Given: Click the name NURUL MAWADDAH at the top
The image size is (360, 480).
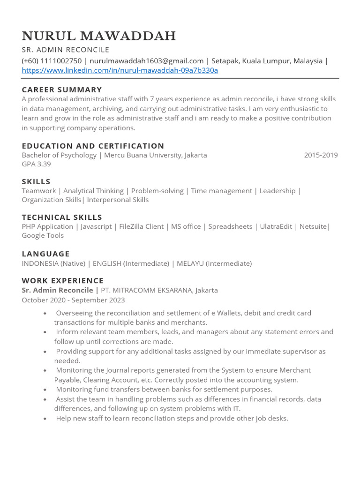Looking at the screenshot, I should click(x=99, y=36).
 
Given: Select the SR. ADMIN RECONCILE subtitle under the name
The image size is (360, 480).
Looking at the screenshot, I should click(x=65, y=50).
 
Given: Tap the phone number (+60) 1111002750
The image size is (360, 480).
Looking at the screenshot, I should click(x=52, y=61).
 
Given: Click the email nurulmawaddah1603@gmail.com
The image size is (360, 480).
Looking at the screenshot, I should click(x=147, y=61).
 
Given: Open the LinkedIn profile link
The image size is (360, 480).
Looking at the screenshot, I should click(x=120, y=71).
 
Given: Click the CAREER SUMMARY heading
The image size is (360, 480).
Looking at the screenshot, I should click(x=62, y=90).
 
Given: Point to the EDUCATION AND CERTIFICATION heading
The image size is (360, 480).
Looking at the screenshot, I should click(x=93, y=146).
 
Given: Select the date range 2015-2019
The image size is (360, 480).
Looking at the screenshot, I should click(x=321, y=155).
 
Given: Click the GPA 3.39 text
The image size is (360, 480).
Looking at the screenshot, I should click(x=36, y=164).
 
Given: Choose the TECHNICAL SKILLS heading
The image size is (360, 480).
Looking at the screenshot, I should click(x=62, y=217).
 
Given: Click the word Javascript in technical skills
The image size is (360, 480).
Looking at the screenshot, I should click(x=96, y=226).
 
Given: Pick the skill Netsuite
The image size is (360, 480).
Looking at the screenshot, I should click(x=313, y=226).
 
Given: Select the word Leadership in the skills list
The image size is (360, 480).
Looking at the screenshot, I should click(x=277, y=191).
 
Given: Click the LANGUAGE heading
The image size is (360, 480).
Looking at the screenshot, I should click(x=45, y=254).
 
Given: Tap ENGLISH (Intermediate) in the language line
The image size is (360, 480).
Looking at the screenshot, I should click(x=131, y=263).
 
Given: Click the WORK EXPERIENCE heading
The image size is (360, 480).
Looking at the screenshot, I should click(x=62, y=280).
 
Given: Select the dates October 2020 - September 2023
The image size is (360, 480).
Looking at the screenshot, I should click(x=73, y=300).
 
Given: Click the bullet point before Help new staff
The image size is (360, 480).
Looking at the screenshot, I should click(x=45, y=419).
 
